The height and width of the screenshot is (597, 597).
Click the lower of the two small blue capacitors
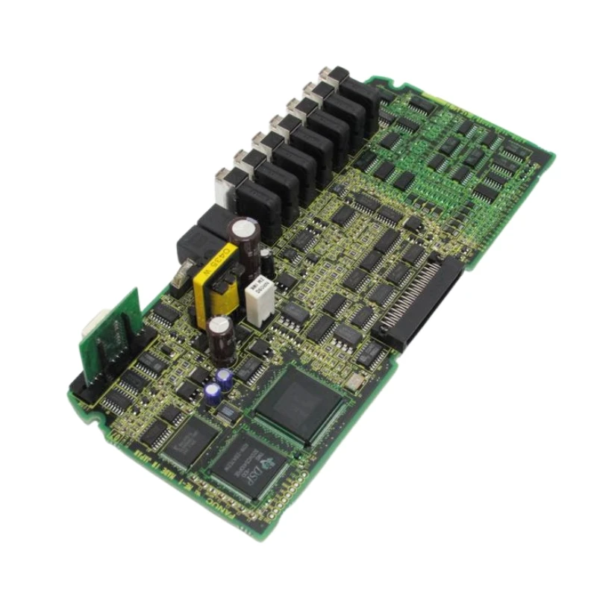[x=214, y=393]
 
